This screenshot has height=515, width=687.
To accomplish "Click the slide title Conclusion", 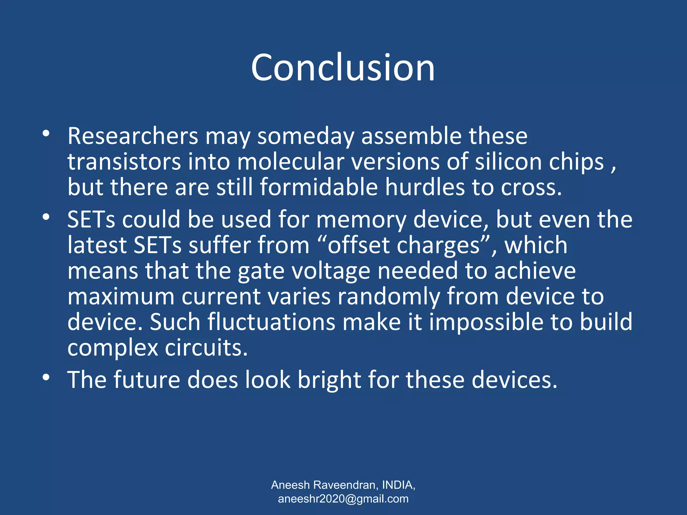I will [343, 68].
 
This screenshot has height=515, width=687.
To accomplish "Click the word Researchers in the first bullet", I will [133, 136].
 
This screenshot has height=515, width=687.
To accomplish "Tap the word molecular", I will [291, 162].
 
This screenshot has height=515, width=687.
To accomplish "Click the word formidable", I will [319, 187].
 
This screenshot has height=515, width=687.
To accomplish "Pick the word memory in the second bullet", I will [361, 220].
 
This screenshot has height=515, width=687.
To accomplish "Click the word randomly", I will [388, 297].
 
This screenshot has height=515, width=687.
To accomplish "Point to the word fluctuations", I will [271, 322].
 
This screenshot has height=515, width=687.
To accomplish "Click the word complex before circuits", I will [113, 348].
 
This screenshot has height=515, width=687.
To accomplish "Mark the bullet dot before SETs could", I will [46, 217].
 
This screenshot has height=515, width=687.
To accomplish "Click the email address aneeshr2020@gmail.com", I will [343, 499].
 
